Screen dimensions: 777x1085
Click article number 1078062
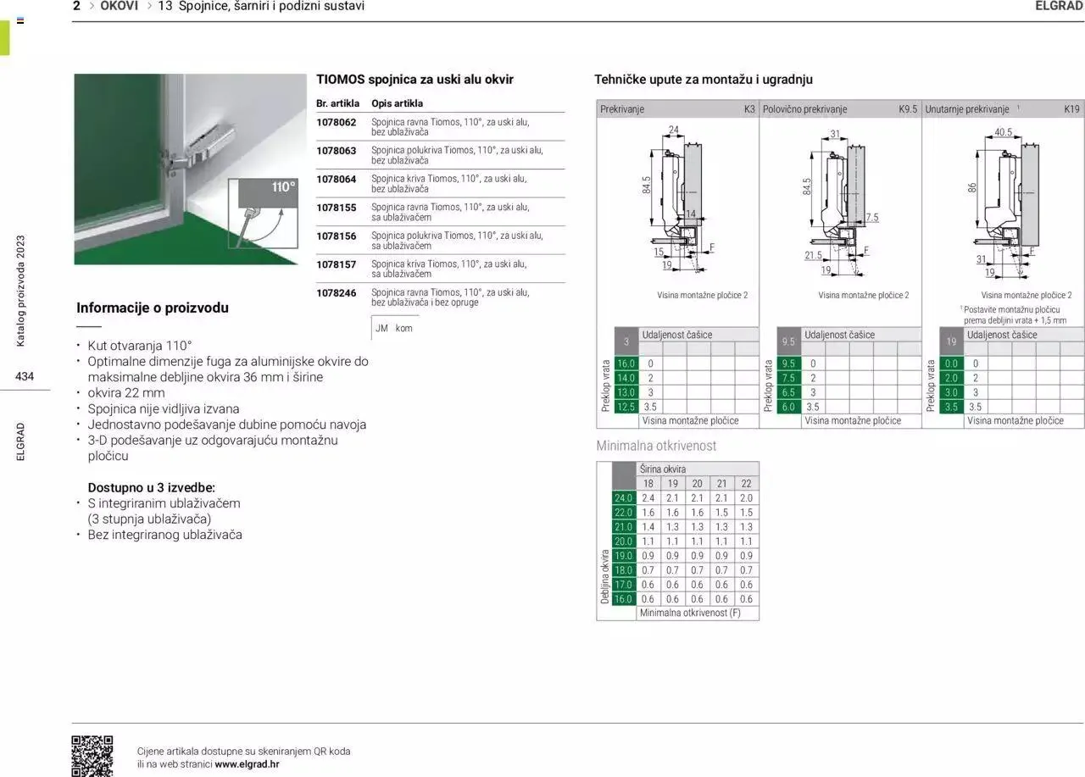point(337,122)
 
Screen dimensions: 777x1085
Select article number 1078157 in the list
point(337,264)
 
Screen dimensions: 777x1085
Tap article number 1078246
point(337,292)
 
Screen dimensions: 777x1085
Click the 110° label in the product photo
point(283,187)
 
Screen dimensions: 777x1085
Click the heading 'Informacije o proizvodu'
point(153,308)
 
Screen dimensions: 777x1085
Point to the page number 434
point(25,376)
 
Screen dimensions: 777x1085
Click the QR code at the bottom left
point(92,756)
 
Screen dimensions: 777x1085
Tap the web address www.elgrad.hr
point(247,763)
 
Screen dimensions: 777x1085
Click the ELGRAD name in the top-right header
point(1059,6)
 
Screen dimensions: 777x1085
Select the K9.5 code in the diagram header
point(908,109)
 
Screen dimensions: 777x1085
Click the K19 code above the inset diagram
point(1071,109)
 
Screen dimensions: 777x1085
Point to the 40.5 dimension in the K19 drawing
point(1003,132)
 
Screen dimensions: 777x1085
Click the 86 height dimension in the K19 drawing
point(973,187)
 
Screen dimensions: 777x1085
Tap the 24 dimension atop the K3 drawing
point(674,130)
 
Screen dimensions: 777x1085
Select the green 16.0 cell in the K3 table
point(626,364)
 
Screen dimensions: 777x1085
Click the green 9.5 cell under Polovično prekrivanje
point(788,364)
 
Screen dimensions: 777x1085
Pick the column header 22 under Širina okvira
point(746,484)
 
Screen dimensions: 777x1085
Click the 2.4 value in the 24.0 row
point(648,498)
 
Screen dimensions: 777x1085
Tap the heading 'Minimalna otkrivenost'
point(656,446)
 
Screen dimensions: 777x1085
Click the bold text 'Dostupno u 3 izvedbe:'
point(152,487)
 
